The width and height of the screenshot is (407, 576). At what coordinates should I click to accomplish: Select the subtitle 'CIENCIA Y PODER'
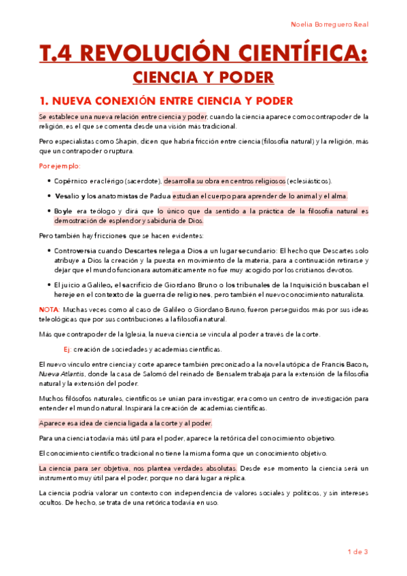[x=203, y=77]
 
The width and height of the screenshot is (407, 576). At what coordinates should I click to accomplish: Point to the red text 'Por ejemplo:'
[x=60, y=166]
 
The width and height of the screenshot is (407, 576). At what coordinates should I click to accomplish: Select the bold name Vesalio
[x=68, y=196]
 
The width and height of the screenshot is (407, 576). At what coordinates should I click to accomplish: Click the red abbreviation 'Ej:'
[x=67, y=349]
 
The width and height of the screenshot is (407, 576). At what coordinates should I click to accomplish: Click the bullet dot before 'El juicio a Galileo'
[x=49, y=285]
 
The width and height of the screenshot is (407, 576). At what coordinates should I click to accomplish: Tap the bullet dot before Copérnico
[x=49, y=181]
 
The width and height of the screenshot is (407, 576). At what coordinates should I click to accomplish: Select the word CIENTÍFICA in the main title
[x=296, y=54]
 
